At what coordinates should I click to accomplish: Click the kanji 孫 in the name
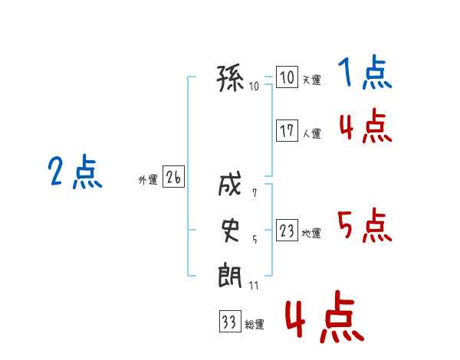pyautogui.click(x=230, y=78)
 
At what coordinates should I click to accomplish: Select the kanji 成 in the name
pyautogui.click(x=230, y=184)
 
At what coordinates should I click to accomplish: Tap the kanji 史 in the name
pyautogui.click(x=230, y=231)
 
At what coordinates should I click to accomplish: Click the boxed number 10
pyautogui.click(x=287, y=77)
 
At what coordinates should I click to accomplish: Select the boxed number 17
pyautogui.click(x=287, y=130)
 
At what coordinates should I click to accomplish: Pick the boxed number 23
pyautogui.click(x=287, y=230)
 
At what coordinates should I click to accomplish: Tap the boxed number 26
pyautogui.click(x=173, y=176)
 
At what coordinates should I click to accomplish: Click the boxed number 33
pyautogui.click(x=230, y=321)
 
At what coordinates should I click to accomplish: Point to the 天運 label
pyautogui.click(x=312, y=80)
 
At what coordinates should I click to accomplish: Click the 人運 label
pyautogui.click(x=312, y=134)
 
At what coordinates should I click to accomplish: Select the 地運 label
pyautogui.click(x=311, y=234)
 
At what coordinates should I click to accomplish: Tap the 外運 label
pyautogui.click(x=148, y=180)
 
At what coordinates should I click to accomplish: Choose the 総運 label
pyautogui.click(x=255, y=325)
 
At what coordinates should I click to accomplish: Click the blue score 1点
pyautogui.click(x=365, y=72)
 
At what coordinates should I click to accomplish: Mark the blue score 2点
pyautogui.click(x=75, y=172)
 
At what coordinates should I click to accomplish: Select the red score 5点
pyautogui.click(x=365, y=225)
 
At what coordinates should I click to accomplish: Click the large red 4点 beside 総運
pyautogui.click(x=325, y=316)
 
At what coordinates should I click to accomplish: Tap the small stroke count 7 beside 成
pyautogui.click(x=255, y=192)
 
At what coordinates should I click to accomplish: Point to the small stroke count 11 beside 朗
pyautogui.click(x=254, y=286)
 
